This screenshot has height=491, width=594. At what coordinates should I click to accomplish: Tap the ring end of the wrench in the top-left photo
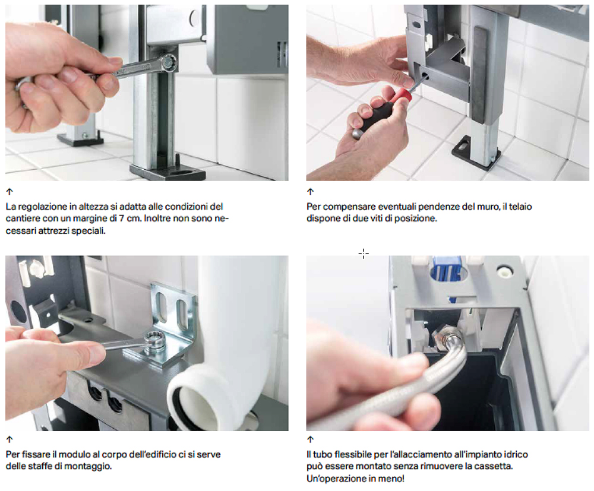pyautogui.click(x=169, y=63)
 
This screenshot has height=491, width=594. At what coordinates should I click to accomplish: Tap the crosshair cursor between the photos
pyautogui.click(x=364, y=254)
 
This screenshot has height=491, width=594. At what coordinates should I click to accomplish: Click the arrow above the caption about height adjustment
pyautogui.click(x=10, y=192)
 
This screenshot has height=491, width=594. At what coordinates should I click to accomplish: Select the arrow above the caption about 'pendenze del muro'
pyautogui.click(x=311, y=192)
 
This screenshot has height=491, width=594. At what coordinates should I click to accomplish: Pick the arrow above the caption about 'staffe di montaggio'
pyautogui.click(x=10, y=439)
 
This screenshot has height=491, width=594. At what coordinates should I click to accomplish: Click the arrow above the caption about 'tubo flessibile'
pyautogui.click(x=311, y=439)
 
